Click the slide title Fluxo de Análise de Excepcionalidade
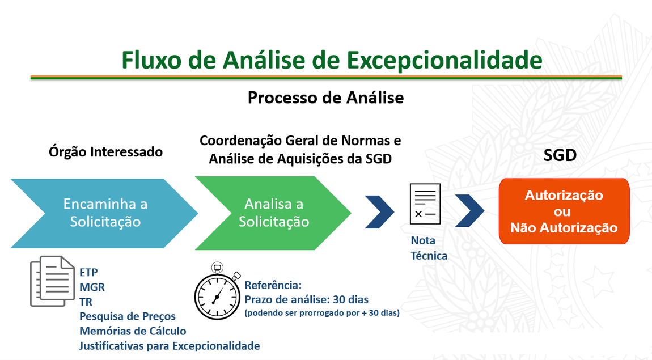[332, 60]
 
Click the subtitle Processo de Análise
[325, 98]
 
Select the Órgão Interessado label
[105, 152]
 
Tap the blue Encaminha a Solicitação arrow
[105, 213]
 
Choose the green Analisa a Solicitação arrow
[274, 213]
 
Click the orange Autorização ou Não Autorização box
[564, 211]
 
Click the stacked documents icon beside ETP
[52, 281]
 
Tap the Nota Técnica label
[429, 248]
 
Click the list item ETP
[88, 272]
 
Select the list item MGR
[92, 287]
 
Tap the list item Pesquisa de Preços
[128, 316]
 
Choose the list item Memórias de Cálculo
[133, 331]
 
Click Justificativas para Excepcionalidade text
[170, 346]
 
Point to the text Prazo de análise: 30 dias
[306, 299]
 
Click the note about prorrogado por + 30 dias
[321, 313]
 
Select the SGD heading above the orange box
[560, 155]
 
